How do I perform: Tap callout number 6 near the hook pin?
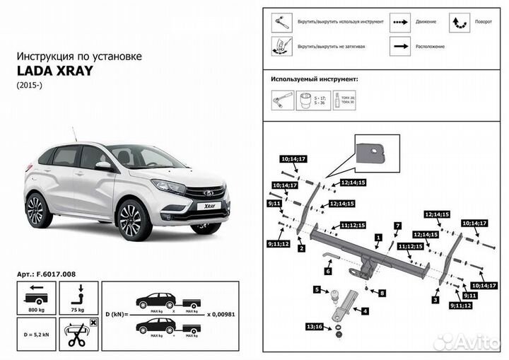329,270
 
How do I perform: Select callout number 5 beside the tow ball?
317,289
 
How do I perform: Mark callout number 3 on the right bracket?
436,300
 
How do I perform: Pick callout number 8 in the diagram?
382,292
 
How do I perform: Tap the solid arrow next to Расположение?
403,45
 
